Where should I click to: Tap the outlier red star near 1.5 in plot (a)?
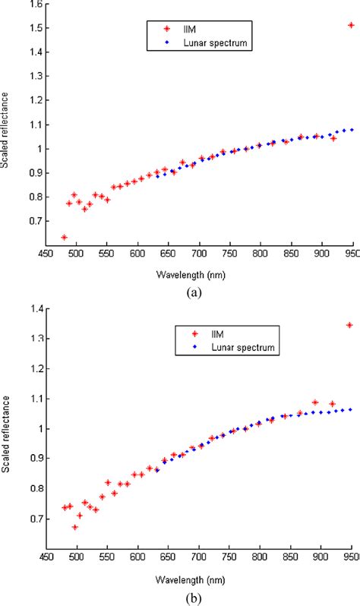coord(351,25)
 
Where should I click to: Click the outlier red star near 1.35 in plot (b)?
coord(349,325)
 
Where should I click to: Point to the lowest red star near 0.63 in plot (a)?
coord(65,238)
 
